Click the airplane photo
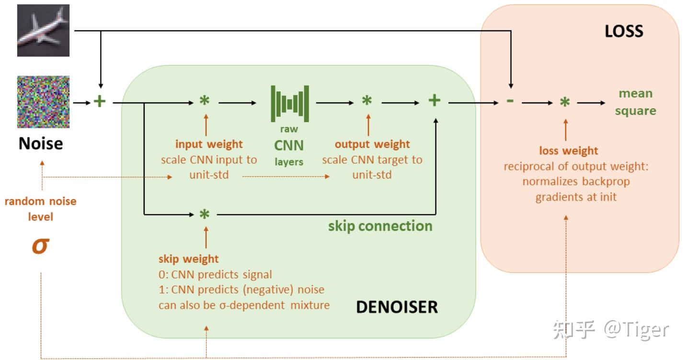click(x=43, y=30)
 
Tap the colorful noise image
click(x=43, y=102)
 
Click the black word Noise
click(x=41, y=143)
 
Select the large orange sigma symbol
click(x=41, y=246)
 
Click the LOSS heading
click(x=624, y=31)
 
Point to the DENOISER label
click(x=397, y=307)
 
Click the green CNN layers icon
click(x=290, y=103)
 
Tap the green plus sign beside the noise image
click(x=100, y=101)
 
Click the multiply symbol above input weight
click(x=205, y=101)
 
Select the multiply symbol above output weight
click(x=367, y=101)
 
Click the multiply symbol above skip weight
click(x=205, y=214)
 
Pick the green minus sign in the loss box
click(x=510, y=101)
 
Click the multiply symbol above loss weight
click(x=565, y=102)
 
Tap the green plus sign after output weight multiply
click(x=434, y=101)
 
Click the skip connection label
click(x=380, y=226)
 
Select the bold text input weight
click(x=209, y=144)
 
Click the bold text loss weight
click(x=569, y=151)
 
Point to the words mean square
click(x=636, y=102)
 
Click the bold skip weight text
click(x=188, y=259)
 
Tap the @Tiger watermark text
click(x=636, y=330)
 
